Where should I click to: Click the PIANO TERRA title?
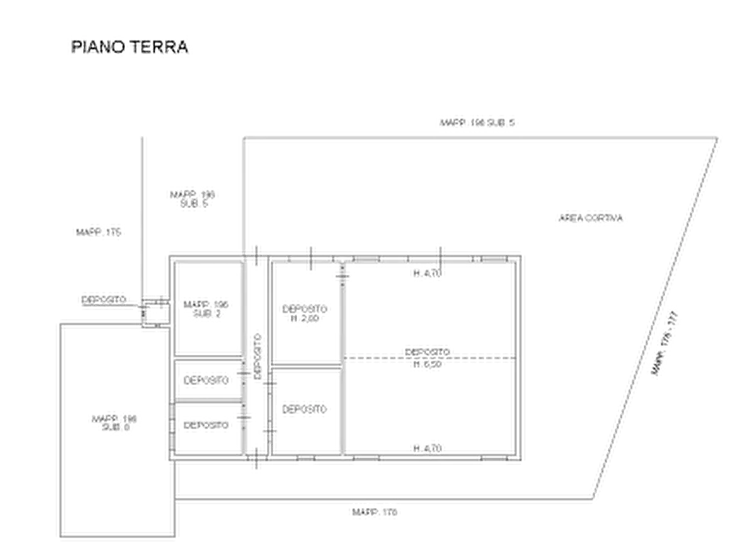[130, 48]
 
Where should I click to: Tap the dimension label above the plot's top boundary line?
[478, 121]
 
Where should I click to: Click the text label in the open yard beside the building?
[591, 219]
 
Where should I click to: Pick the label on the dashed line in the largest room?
[428, 357]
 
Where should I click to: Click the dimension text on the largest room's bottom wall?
[424, 449]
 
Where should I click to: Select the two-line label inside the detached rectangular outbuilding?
[111, 420]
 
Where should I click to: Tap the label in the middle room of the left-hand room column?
[205, 382]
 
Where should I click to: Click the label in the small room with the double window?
[206, 427]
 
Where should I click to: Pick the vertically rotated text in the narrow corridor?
[257, 353]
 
